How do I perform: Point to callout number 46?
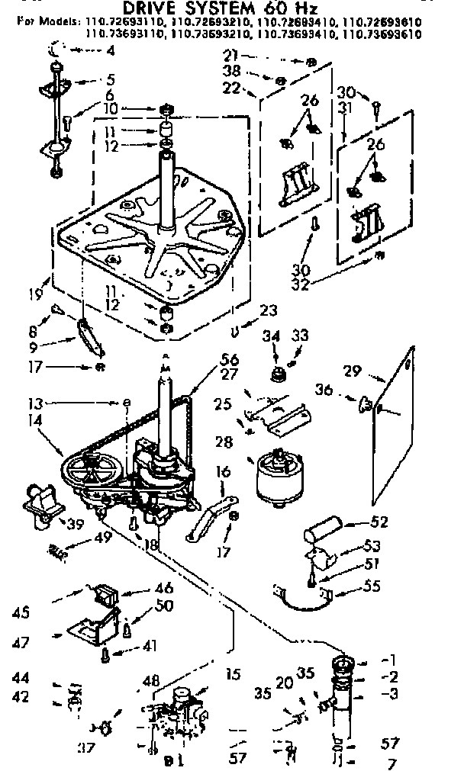coord(163,588)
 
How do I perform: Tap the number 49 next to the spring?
coord(102,537)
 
